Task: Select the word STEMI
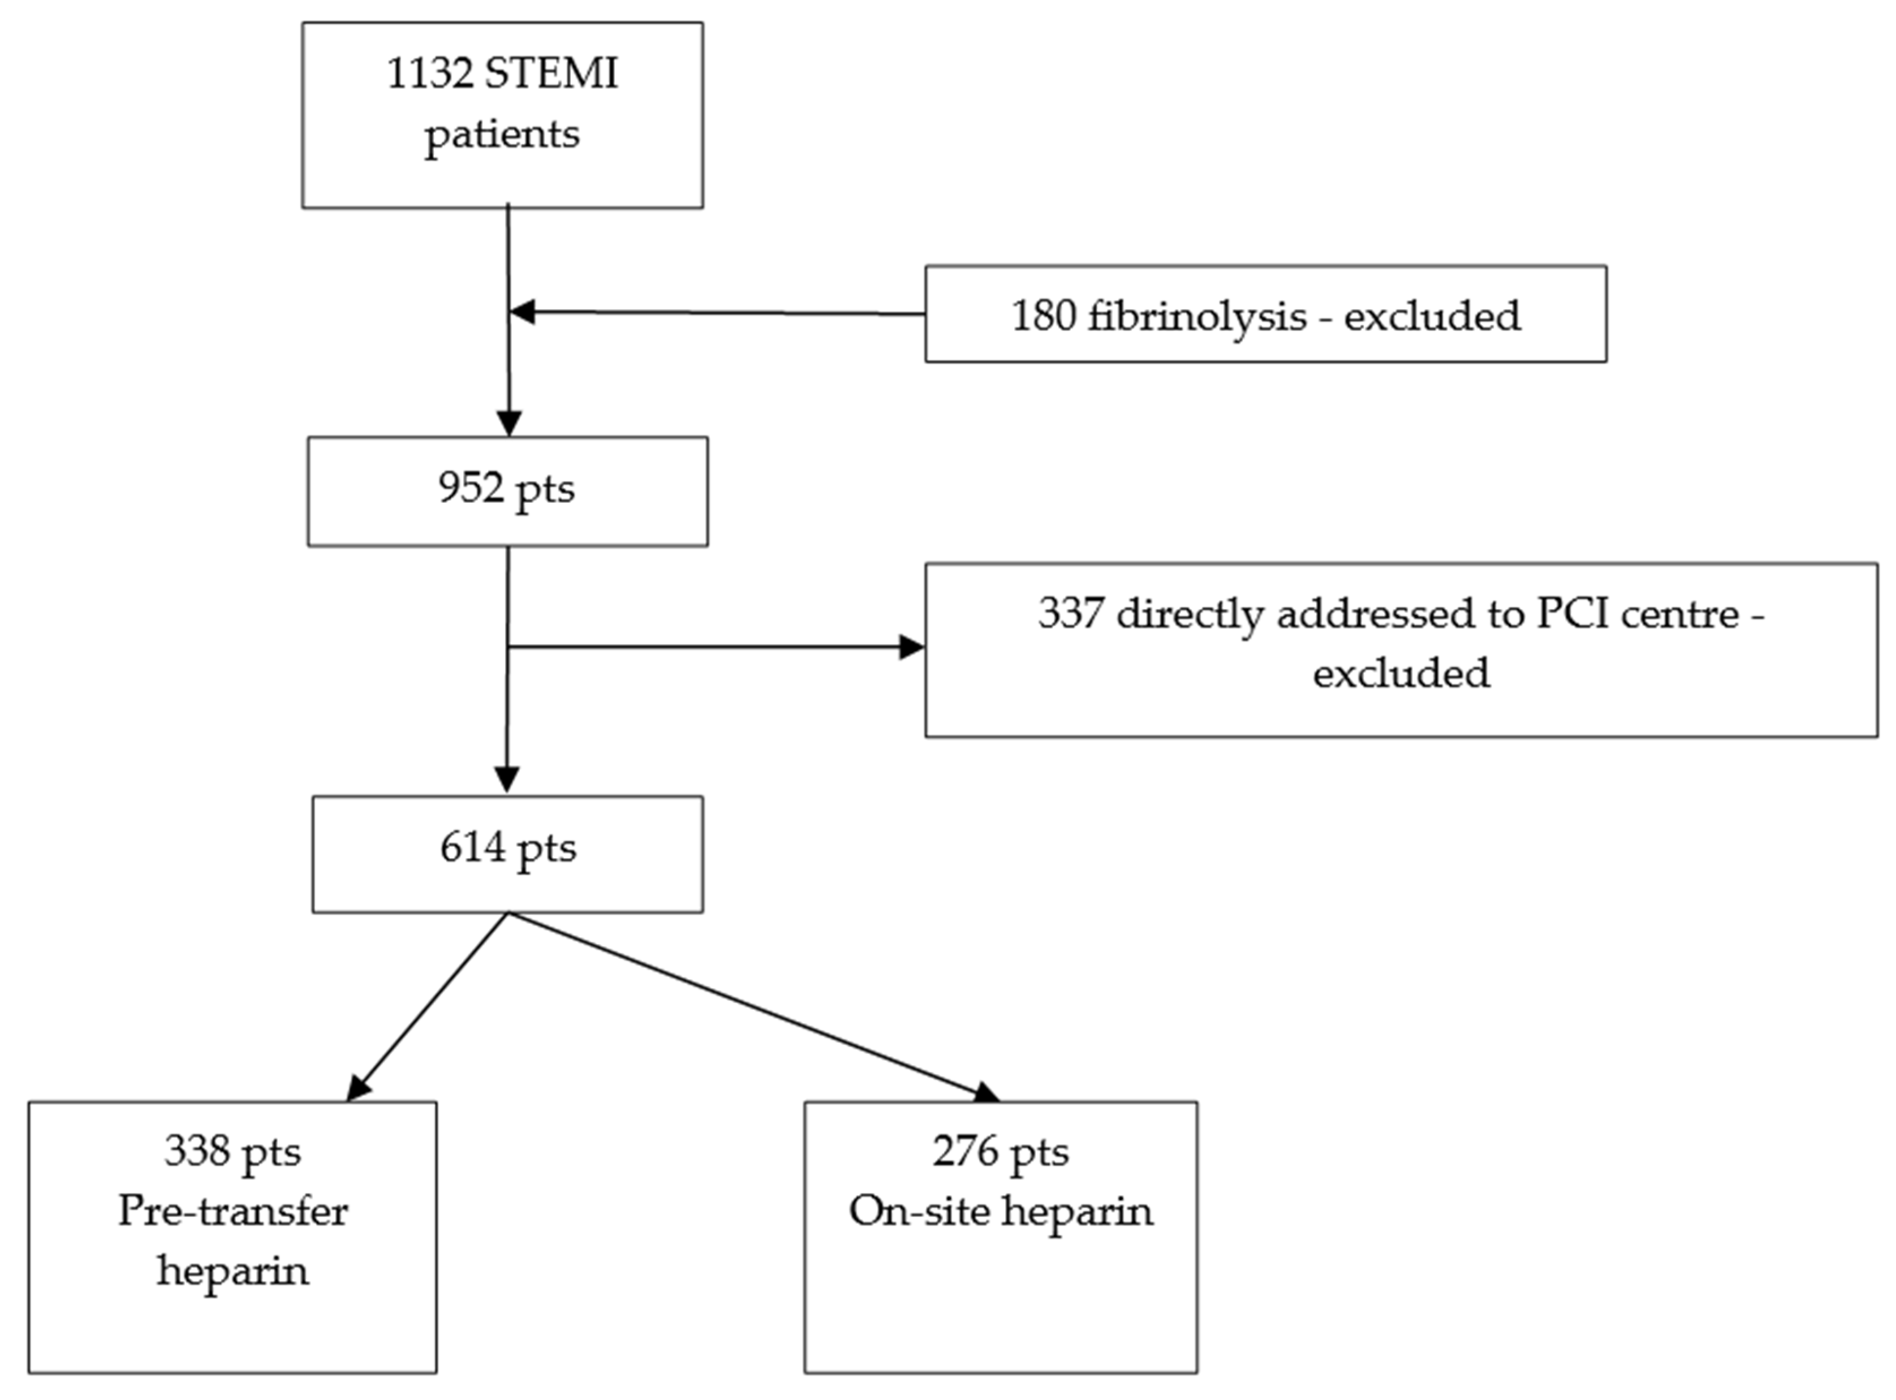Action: pyautogui.click(x=551, y=74)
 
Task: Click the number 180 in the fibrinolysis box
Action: pyautogui.click(x=1043, y=316)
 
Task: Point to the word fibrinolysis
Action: pyautogui.click(x=1197, y=316)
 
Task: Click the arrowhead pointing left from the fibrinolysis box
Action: pyautogui.click(x=522, y=312)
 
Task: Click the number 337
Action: pyautogui.click(x=1071, y=614)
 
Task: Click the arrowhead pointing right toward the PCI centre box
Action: pyautogui.click(x=912, y=648)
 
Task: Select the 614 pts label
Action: pyautogui.click(x=507, y=847)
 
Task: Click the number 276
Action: pyautogui.click(x=966, y=1152)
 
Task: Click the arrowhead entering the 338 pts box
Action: pyautogui.click(x=359, y=1088)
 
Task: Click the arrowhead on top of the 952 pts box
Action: pyautogui.click(x=509, y=422)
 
